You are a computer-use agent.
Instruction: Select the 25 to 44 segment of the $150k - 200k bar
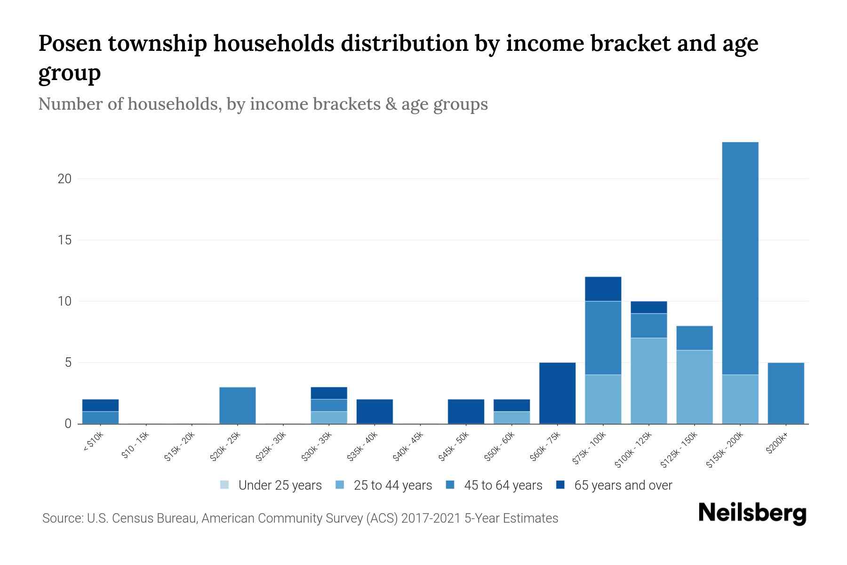pos(740,399)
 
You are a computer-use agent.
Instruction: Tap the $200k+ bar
pos(786,393)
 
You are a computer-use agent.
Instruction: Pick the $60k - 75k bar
pos(557,393)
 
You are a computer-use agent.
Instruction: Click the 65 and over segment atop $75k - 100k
pos(603,289)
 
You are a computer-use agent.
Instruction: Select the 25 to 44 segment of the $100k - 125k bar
pos(648,380)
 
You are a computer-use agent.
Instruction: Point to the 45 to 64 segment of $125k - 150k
pos(695,338)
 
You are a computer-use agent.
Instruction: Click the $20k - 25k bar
pos(238,405)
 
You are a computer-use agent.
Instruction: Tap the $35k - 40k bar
pos(375,412)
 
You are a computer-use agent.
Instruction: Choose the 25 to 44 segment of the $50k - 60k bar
pos(511,418)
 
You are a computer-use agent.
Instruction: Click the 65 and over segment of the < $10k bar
pos(100,405)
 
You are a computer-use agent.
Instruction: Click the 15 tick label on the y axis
pos(65,240)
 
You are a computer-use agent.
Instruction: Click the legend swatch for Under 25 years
pos(224,485)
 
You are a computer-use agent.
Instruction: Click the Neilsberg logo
pos(752,513)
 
